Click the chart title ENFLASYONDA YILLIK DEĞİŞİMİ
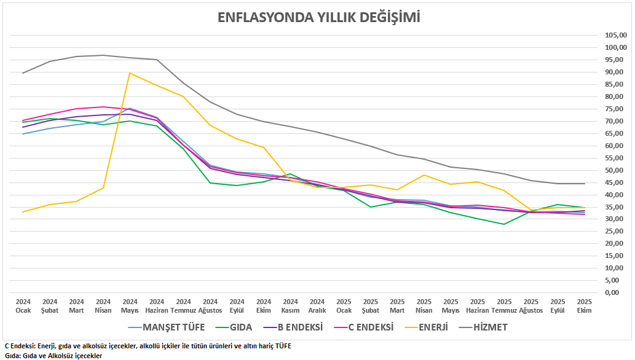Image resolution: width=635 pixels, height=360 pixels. coord(319,17)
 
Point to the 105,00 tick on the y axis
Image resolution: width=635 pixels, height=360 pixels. coord(615,36)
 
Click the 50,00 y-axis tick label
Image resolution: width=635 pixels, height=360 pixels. coord(615,170)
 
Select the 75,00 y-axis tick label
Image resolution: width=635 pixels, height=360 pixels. coord(615,109)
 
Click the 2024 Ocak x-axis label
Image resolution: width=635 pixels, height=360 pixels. coord(23,306)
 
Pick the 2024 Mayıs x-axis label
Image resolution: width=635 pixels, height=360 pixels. coord(130,306)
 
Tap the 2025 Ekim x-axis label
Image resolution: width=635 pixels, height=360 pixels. coord(584,306)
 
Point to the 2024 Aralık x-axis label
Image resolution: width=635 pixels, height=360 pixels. coord(317,306)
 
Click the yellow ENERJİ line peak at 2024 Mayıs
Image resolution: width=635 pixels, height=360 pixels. coord(130,73)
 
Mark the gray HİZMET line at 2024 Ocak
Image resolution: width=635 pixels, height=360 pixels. coord(23,73)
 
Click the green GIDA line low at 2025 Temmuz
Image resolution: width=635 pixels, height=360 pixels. coord(504,224)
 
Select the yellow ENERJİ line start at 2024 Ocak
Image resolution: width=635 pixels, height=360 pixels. coord(23,212)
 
